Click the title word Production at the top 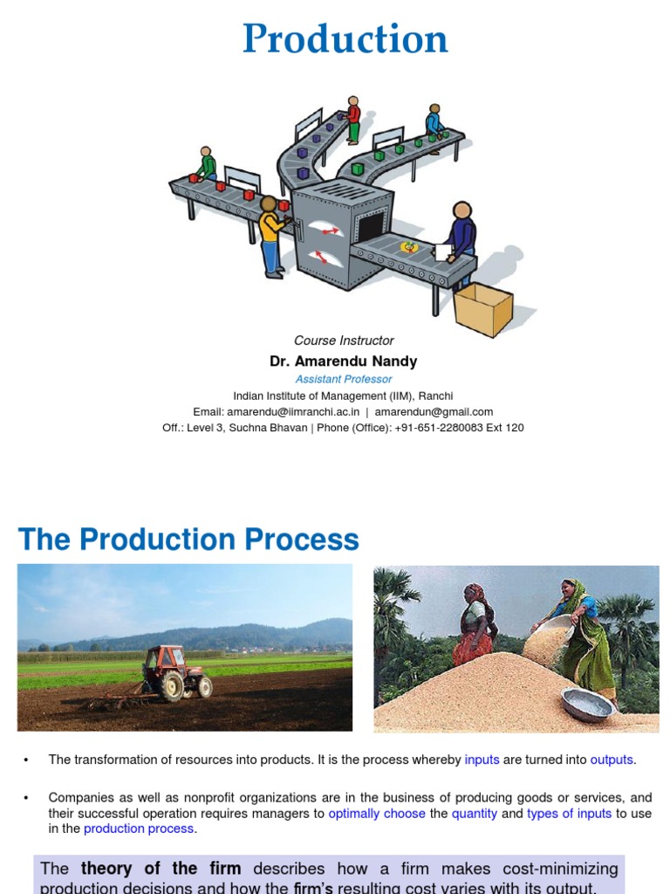[x=345, y=39]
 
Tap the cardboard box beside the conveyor [x=482, y=308]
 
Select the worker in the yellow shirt [x=271, y=235]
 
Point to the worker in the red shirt [x=353, y=119]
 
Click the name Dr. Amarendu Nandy [x=343, y=361]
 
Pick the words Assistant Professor [x=343, y=379]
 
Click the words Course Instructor [x=344, y=340]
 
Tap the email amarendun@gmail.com [x=434, y=412]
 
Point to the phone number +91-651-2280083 [x=461, y=428]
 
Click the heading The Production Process [x=188, y=540]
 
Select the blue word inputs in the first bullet [x=482, y=760]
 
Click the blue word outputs [x=612, y=760]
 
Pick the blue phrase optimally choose [x=377, y=814]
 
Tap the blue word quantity [x=475, y=814]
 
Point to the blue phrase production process [x=139, y=829]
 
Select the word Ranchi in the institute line [x=435, y=395]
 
